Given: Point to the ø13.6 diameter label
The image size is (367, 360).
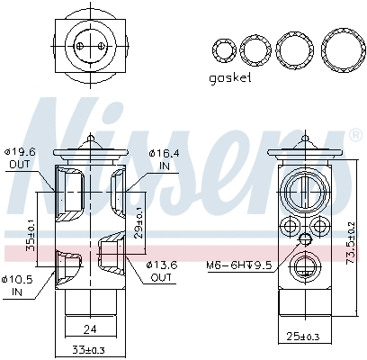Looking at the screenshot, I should click(163, 265).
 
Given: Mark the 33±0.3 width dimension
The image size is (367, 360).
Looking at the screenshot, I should click(88, 349).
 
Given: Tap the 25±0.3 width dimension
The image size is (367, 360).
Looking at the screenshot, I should click(310, 337).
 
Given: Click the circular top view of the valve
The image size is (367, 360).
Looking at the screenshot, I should click(90, 42).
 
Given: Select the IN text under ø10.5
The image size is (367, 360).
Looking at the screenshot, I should click(18, 291).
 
